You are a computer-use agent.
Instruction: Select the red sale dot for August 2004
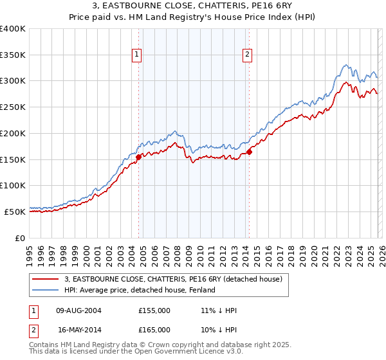pos(138,156)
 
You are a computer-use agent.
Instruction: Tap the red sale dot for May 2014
pos(250,152)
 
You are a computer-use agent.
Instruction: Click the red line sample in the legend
pos(46,279)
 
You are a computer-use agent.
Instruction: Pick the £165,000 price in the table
pos(154,330)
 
